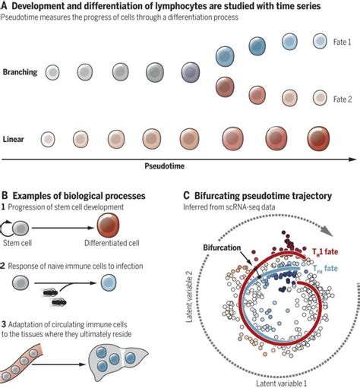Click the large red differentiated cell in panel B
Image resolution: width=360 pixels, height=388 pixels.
(112, 223)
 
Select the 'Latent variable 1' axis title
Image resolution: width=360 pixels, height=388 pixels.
(271, 380)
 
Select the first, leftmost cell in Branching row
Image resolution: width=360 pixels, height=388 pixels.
(52, 72)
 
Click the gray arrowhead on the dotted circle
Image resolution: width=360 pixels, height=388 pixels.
(332, 231)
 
